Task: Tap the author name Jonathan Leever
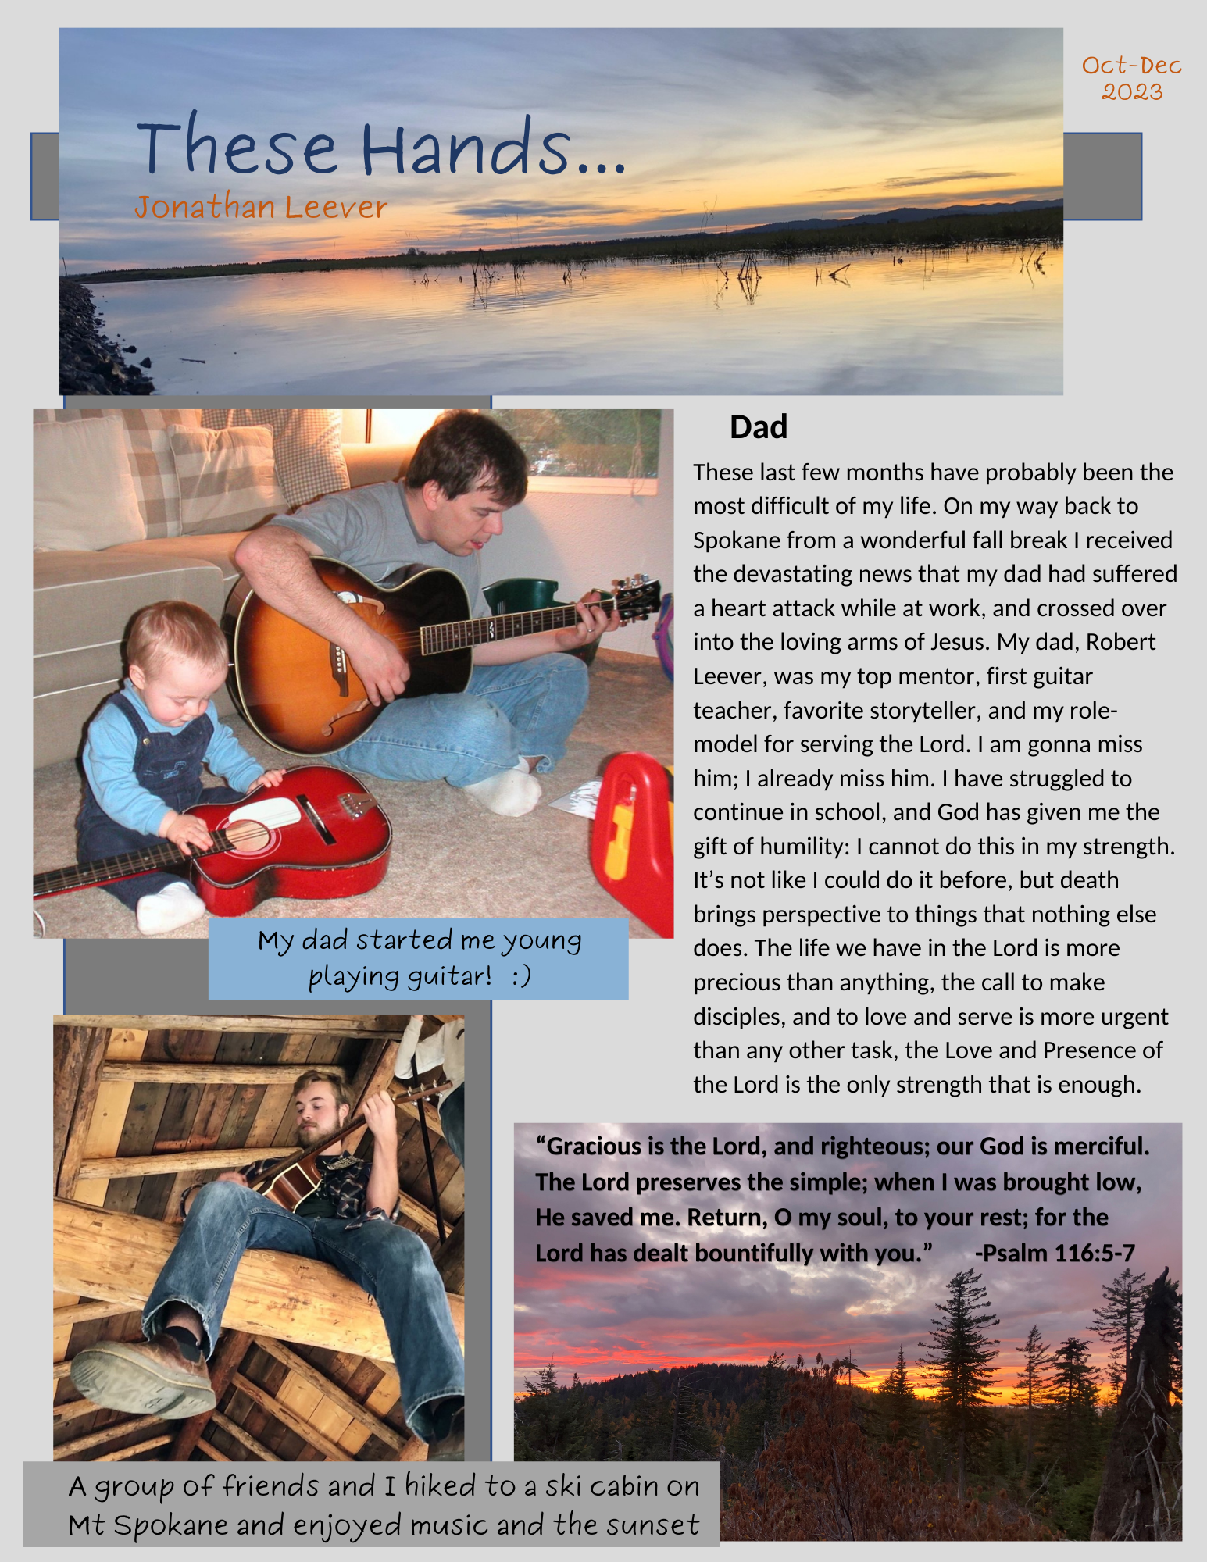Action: point(261,208)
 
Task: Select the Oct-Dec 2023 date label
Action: point(1131,78)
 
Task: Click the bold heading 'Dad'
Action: point(758,428)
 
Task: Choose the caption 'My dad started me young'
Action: point(420,941)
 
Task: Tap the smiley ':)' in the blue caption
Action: point(522,976)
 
